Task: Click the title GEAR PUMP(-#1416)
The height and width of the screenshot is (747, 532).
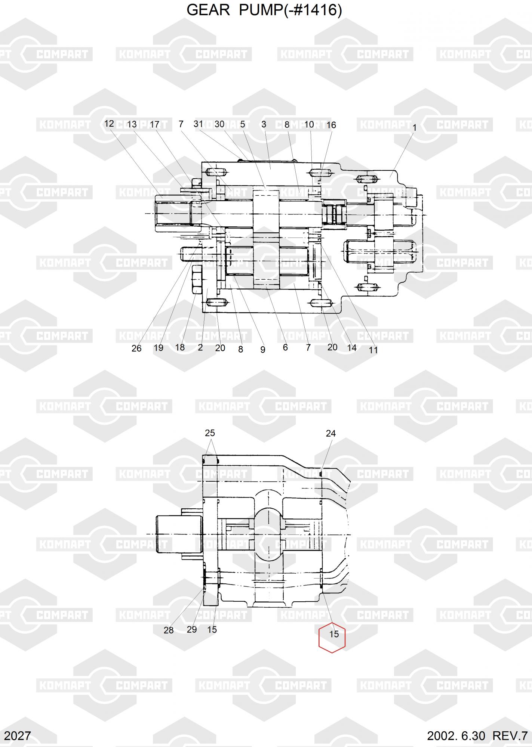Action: (x=264, y=11)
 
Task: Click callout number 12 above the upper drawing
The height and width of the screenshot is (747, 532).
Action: (x=109, y=124)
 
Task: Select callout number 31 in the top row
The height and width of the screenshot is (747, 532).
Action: (x=198, y=124)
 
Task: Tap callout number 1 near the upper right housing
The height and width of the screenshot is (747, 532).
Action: (x=414, y=128)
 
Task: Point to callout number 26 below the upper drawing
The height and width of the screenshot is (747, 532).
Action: (x=136, y=348)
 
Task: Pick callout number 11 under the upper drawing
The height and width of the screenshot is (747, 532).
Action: (x=373, y=350)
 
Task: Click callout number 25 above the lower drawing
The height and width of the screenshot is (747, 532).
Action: (x=210, y=433)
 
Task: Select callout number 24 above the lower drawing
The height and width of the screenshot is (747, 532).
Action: (x=331, y=433)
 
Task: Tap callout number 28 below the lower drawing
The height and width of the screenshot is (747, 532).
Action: (x=169, y=630)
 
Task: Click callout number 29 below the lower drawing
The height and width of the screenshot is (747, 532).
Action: (x=192, y=629)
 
